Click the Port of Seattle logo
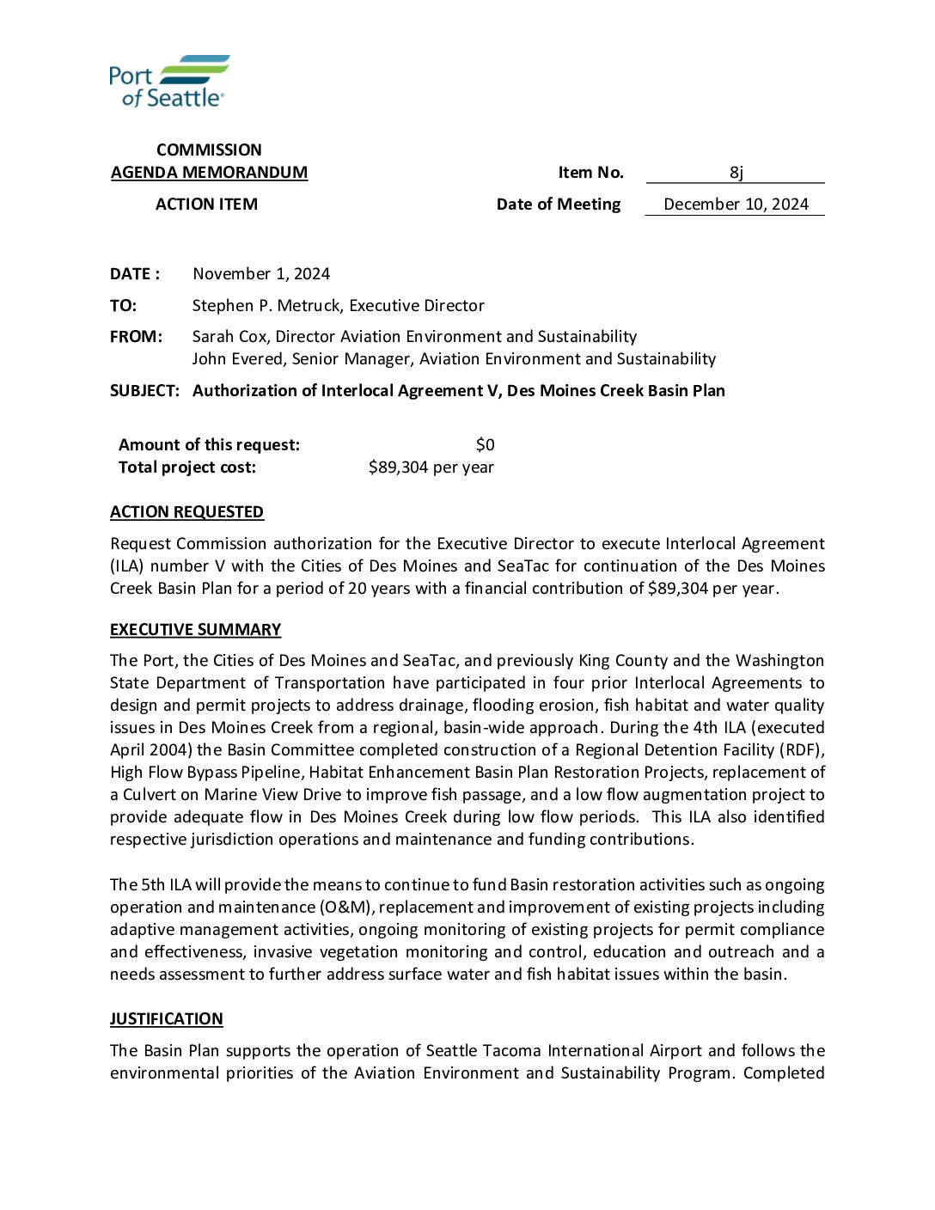(x=168, y=82)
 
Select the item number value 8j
(x=736, y=173)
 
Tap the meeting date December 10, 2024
(x=736, y=205)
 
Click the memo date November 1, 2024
(x=261, y=274)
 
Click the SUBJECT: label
(x=144, y=391)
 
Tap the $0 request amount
(x=485, y=445)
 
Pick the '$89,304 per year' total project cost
(x=431, y=467)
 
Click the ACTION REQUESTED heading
(x=186, y=512)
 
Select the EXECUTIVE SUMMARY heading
(x=195, y=630)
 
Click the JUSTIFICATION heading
(x=166, y=1019)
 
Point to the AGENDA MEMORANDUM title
(x=209, y=173)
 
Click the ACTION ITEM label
(x=206, y=205)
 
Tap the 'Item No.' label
(x=590, y=173)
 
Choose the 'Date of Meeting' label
(x=558, y=205)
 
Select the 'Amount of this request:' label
(x=209, y=445)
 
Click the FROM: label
(x=136, y=337)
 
